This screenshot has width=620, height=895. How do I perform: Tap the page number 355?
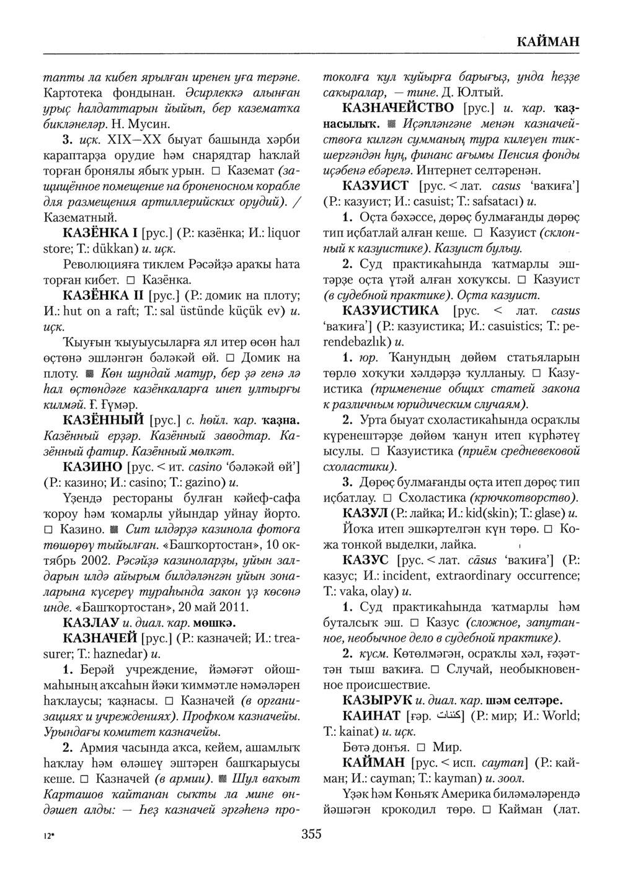(311, 834)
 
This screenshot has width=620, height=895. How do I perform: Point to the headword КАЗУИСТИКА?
(391, 310)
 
